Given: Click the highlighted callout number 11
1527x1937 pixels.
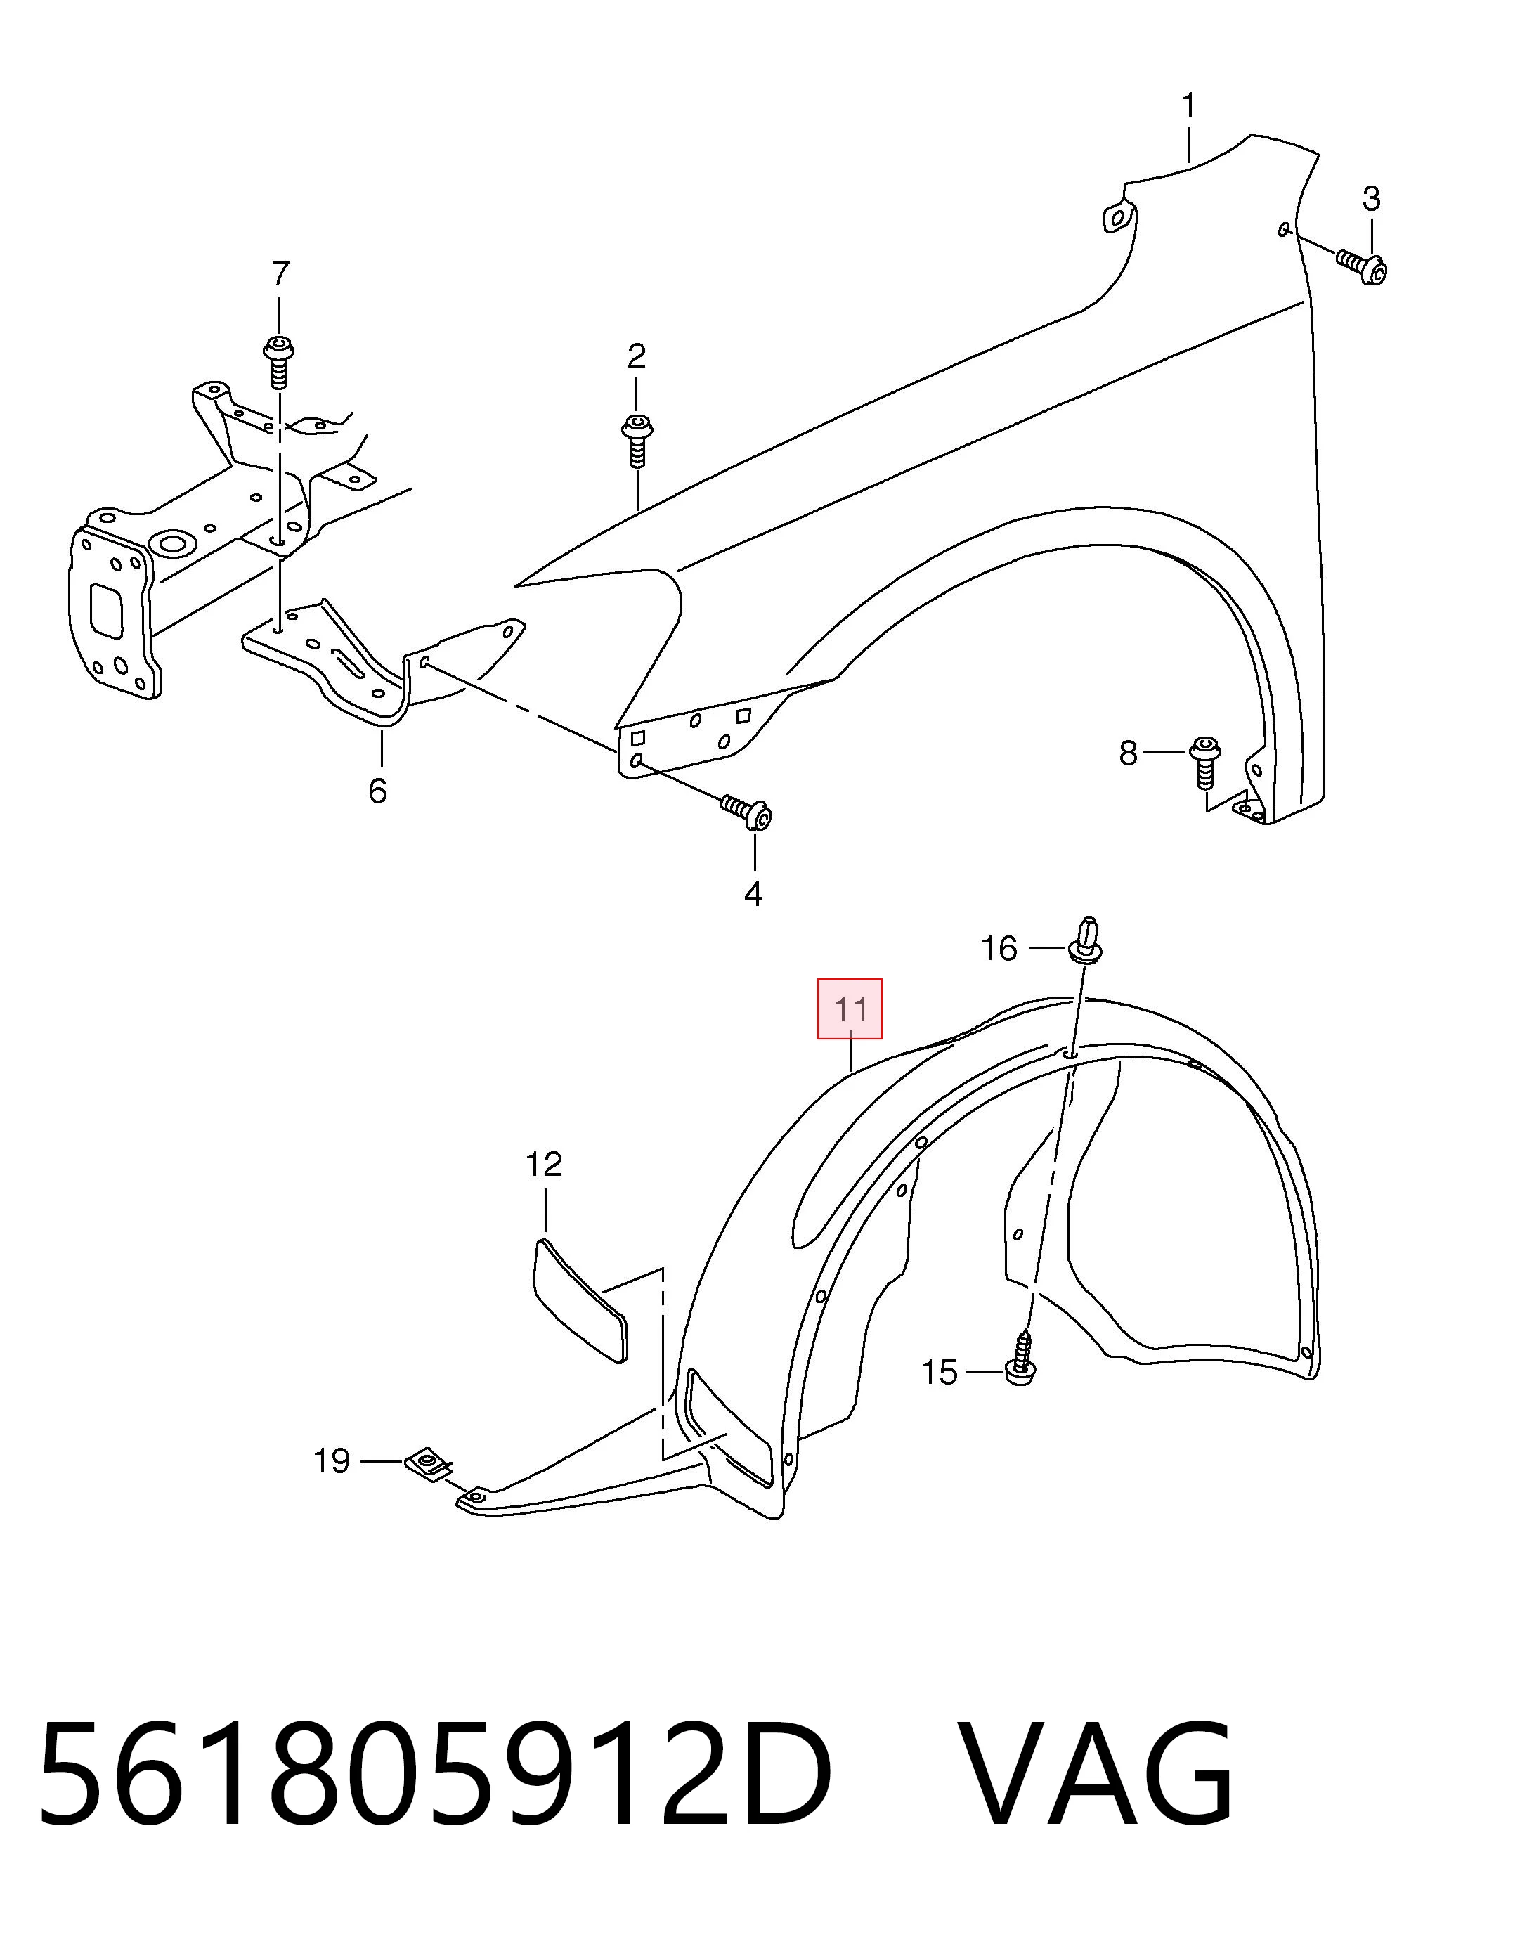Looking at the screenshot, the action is coord(850,1009).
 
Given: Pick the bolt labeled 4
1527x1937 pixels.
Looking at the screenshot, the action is coord(748,812).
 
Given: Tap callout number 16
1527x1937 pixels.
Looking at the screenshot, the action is coord(999,948).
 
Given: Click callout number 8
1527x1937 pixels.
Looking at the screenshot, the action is coord(1129,754).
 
